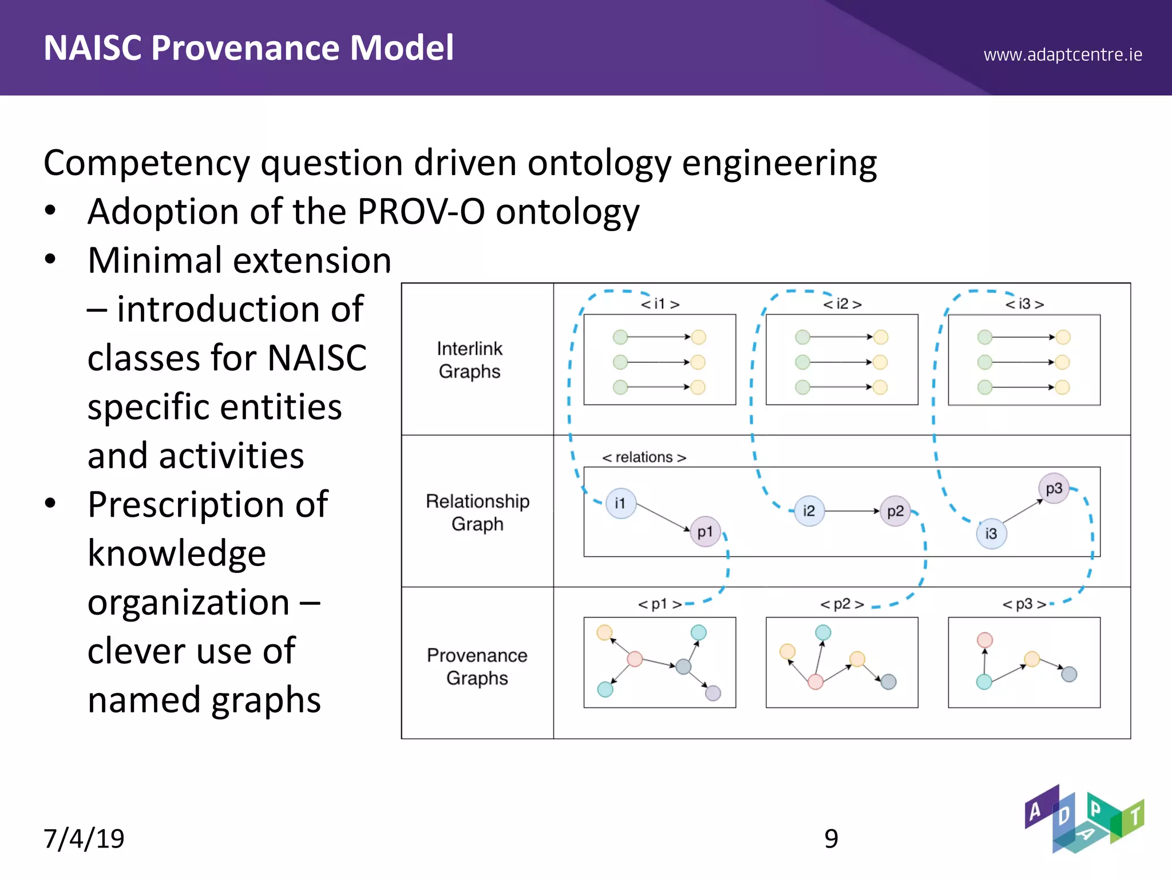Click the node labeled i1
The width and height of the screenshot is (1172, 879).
621,504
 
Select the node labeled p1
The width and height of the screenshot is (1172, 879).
705,532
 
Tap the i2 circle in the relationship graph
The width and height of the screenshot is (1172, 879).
809,510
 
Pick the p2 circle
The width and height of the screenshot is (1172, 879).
895,510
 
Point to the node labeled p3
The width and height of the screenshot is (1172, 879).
1054,488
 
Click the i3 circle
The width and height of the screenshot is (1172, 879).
991,534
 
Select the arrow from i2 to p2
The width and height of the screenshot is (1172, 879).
852,510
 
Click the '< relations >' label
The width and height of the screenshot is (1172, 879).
644,457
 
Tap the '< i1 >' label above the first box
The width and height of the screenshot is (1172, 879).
660,304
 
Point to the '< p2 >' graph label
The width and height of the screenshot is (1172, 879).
842,604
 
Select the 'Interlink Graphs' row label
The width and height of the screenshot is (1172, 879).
469,360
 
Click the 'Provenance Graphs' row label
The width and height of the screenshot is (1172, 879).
477,666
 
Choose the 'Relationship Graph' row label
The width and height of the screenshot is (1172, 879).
477,512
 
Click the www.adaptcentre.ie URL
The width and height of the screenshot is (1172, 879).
1063,55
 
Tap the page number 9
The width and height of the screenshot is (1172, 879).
831,838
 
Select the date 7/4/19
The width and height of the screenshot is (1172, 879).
84,838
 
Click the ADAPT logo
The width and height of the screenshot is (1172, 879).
1083,819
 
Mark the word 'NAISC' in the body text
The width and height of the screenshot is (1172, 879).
316,358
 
